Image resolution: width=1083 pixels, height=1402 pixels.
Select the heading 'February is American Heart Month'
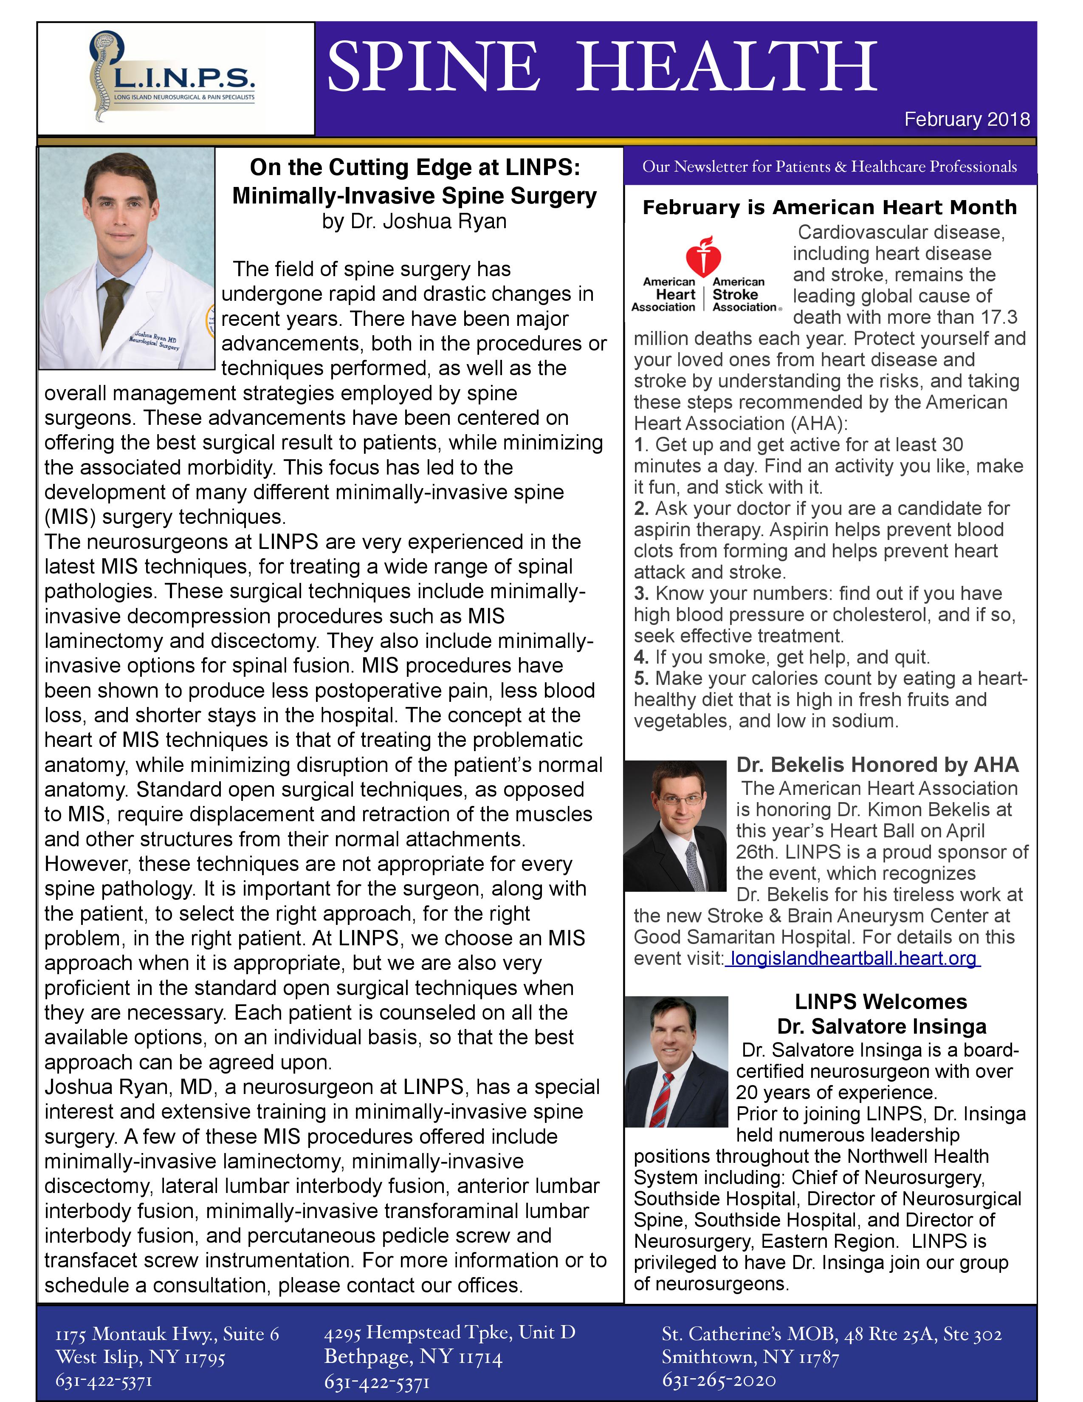tap(829, 207)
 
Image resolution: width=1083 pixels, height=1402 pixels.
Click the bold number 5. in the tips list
tap(641, 678)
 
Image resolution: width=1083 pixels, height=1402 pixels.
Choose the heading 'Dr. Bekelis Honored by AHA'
tap(877, 765)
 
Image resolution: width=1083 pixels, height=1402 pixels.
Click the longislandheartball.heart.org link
tap(853, 958)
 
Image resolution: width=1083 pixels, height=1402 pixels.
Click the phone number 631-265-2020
tap(719, 1379)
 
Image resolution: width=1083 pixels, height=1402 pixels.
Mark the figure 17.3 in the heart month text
tap(999, 317)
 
